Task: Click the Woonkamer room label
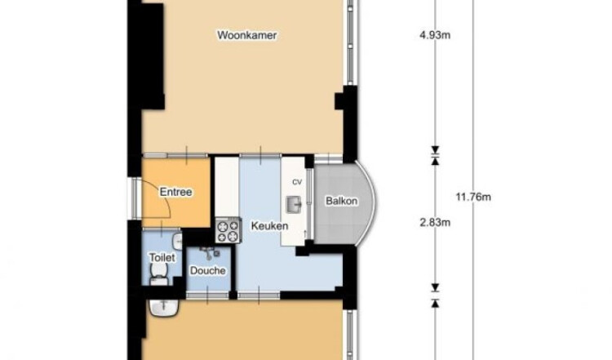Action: pos(247,35)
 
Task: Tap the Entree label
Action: pos(176,192)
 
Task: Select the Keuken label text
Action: pos(270,225)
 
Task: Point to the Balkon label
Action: pos(342,201)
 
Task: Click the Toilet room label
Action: pos(162,257)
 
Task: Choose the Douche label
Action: pos(207,270)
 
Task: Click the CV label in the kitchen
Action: pos(297,182)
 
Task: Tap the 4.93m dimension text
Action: pos(435,36)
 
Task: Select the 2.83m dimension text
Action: pos(435,223)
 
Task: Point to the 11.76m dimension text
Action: pos(473,197)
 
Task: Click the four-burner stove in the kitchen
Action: pos(228,231)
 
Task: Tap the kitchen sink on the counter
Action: pos(294,204)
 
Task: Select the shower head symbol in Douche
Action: pos(208,252)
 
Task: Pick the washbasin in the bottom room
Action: pos(164,307)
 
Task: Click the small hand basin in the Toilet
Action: pos(178,241)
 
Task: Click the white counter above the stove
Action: pos(227,187)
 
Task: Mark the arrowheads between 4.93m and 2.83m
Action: pos(435,155)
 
